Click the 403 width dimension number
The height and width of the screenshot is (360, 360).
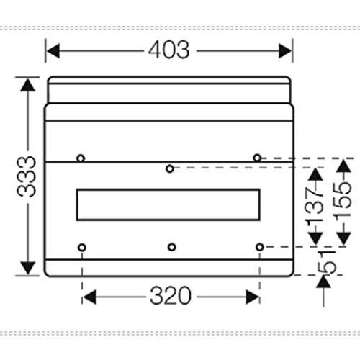point(169,50)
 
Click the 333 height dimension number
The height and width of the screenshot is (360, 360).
point(27,176)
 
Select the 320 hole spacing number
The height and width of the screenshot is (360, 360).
point(171,295)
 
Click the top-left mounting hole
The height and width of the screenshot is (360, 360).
point(81,158)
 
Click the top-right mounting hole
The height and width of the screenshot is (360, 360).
point(257,158)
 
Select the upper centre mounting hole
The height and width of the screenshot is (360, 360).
point(170,168)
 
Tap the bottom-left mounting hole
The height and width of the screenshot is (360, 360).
point(82,248)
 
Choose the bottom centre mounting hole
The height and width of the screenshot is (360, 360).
point(171,247)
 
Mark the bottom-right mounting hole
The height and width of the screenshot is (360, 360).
point(260,247)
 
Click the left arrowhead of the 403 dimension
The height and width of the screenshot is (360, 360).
point(53,51)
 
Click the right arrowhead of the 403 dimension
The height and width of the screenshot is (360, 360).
point(284,51)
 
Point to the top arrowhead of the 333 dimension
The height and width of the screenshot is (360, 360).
point(28,84)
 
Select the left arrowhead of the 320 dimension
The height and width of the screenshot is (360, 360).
point(89,297)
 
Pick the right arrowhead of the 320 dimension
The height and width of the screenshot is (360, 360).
point(253,297)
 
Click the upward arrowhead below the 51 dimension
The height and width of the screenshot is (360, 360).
point(323,282)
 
